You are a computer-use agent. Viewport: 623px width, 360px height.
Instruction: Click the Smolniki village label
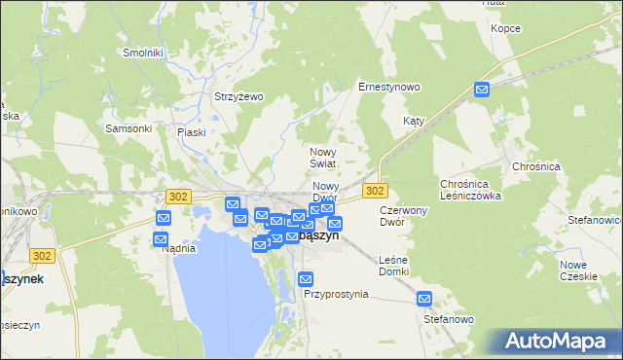141,53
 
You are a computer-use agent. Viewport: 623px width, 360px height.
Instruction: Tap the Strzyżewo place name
239,96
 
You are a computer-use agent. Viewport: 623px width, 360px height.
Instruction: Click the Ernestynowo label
389,87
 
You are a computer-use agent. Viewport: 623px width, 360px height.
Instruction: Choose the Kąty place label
415,122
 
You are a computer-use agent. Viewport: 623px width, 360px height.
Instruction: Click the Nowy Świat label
323,158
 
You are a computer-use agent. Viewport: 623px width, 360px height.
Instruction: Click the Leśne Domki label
393,265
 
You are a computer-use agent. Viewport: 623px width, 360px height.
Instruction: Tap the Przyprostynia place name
336,293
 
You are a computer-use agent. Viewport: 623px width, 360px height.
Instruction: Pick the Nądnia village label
179,248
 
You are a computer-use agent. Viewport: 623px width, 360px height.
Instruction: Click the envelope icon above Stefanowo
424,299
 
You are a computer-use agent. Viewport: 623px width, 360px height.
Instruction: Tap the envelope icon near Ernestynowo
483,90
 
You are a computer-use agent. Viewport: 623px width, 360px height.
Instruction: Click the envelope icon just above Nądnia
162,238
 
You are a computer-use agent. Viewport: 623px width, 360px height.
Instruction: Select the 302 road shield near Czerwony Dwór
376,190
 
